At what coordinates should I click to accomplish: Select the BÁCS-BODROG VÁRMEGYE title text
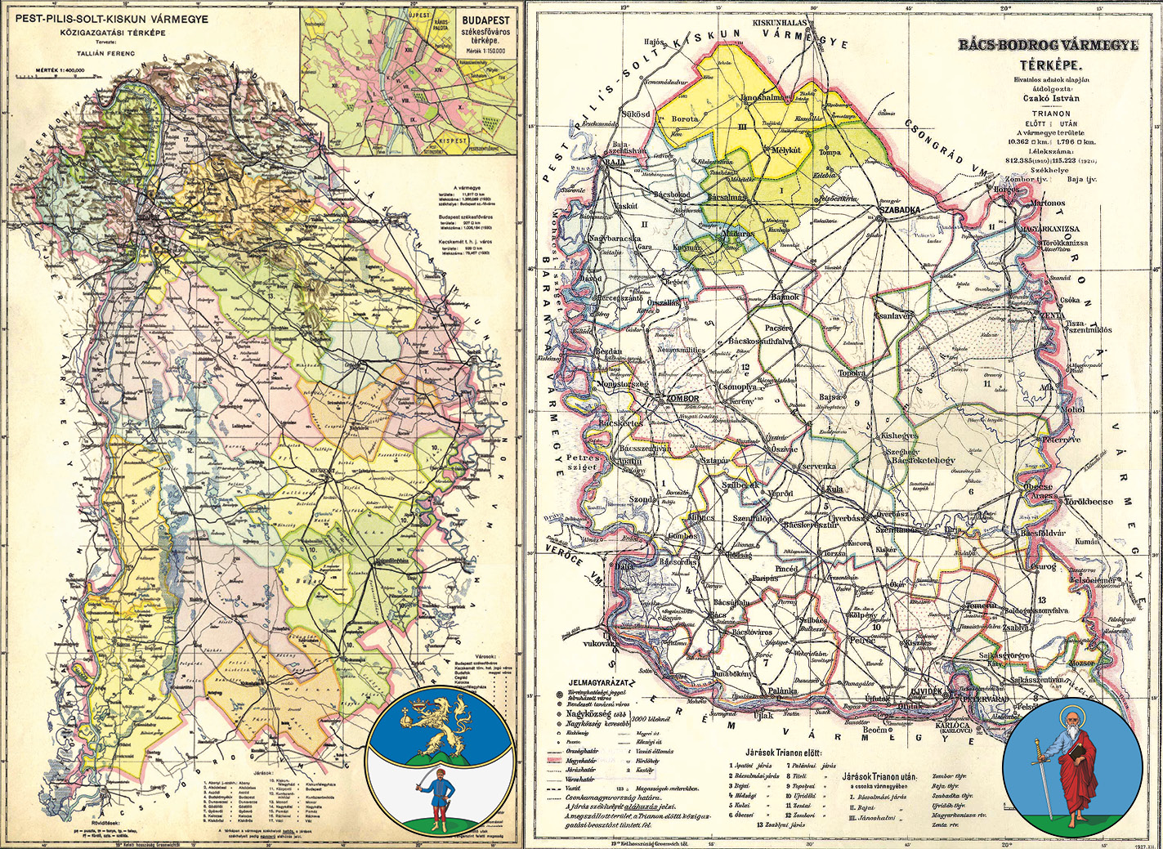[x=1048, y=46]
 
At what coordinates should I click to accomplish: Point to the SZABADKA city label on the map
[x=899, y=210]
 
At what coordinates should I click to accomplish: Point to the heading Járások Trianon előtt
[x=784, y=753]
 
